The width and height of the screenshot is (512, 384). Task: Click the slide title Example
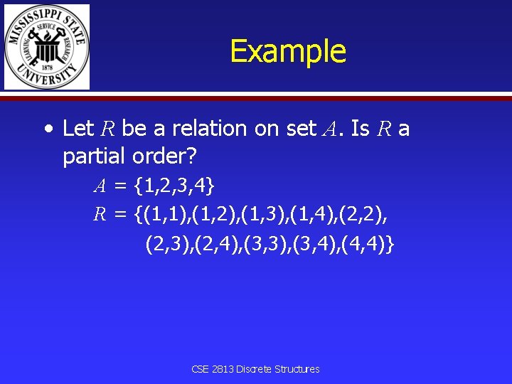(288, 51)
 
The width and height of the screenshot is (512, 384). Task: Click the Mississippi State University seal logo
(47, 47)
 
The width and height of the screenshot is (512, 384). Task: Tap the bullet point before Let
(47, 129)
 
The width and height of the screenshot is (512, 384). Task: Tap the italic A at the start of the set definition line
(101, 186)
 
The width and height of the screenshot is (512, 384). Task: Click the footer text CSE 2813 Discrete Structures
(255, 369)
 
